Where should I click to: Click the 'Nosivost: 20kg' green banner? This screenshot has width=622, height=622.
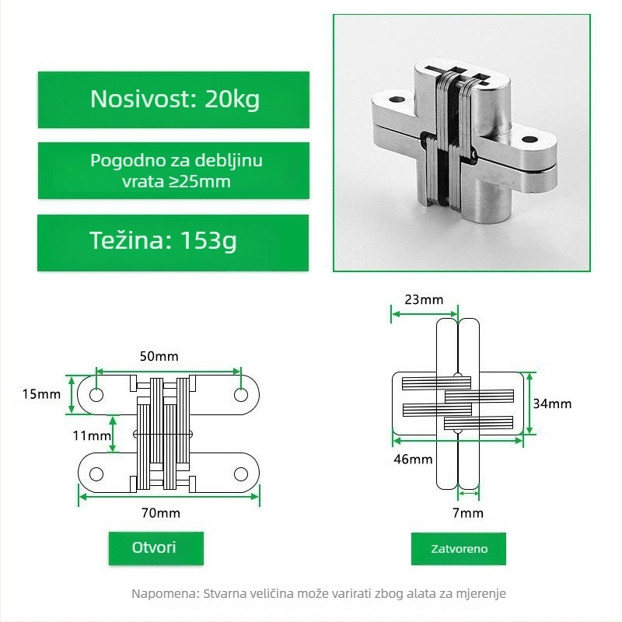pyautogui.click(x=173, y=100)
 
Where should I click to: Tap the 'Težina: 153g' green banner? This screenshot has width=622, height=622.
pyautogui.click(x=173, y=243)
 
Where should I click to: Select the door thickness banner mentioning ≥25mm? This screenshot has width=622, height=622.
pyautogui.click(x=173, y=170)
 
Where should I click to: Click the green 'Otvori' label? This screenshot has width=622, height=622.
pyautogui.click(x=156, y=548)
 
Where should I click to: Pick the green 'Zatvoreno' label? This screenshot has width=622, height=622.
pyautogui.click(x=459, y=549)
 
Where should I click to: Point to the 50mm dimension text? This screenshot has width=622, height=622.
pyautogui.click(x=159, y=356)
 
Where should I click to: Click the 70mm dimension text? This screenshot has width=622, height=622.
pyautogui.click(x=161, y=513)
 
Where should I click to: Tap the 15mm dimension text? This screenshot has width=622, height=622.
pyautogui.click(x=41, y=394)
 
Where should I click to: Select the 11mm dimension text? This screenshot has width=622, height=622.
pyautogui.click(x=92, y=435)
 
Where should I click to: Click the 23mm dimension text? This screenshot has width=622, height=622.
pyautogui.click(x=424, y=299)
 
